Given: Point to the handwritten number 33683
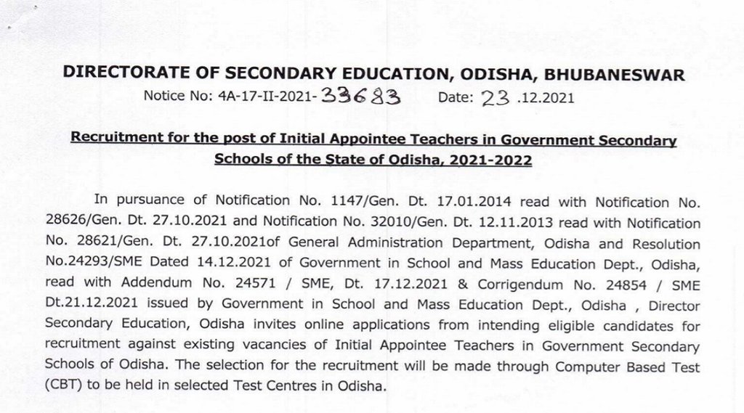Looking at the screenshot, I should [x=355, y=97].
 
